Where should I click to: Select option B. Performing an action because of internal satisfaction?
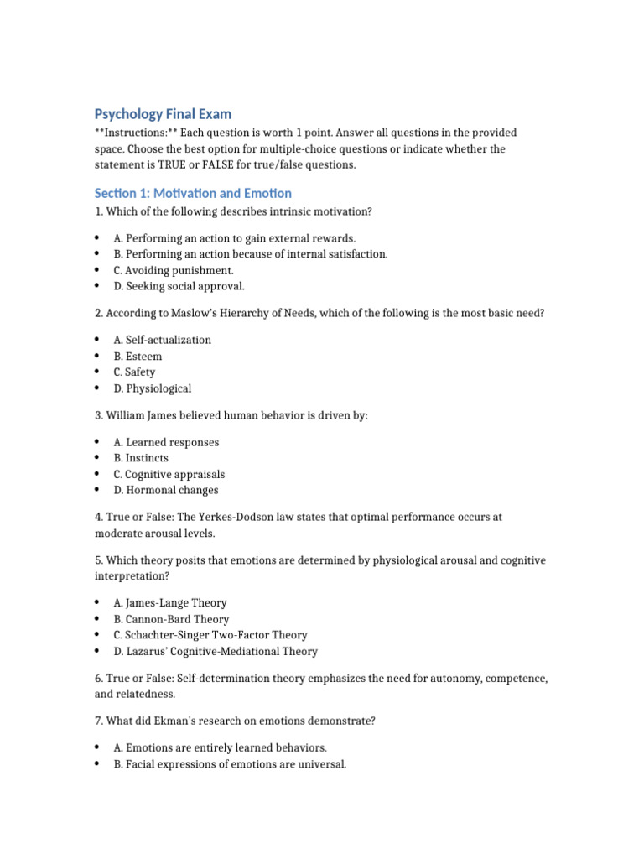251,254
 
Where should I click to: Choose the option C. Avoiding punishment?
174,270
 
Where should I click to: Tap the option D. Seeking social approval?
179,286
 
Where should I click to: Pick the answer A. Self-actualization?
163,340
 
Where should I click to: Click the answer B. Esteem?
138,357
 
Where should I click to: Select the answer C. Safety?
135,372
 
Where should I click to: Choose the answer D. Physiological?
153,388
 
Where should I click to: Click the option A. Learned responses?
166,442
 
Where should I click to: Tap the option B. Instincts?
141,458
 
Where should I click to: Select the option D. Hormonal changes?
166,490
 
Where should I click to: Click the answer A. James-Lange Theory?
170,602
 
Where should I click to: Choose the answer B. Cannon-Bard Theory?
171,619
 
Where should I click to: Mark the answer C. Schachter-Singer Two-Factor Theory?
210,635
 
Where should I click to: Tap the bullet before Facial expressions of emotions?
97,764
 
